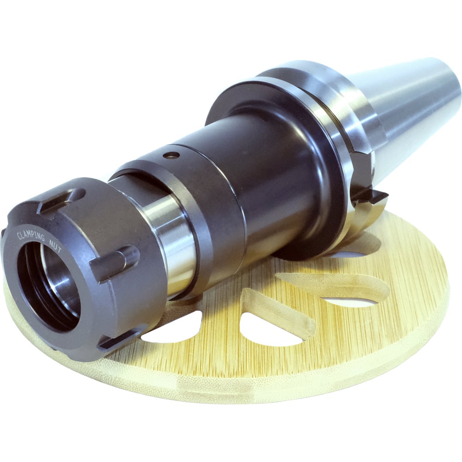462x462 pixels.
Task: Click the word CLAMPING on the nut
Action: (31, 236)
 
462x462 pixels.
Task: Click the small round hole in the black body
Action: (171, 155)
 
